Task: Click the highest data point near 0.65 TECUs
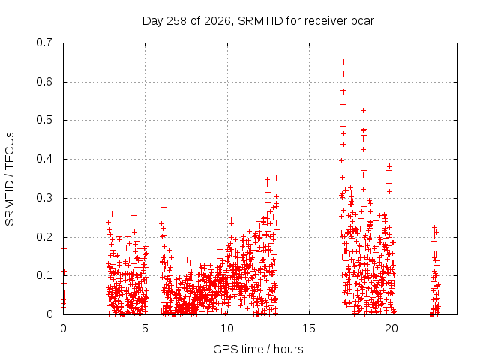pyautogui.click(x=343, y=61)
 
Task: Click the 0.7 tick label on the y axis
pyautogui.click(x=44, y=43)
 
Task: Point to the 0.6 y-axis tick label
pyautogui.click(x=44, y=82)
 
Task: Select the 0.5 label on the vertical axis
pyautogui.click(x=44, y=120)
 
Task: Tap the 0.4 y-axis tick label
pyautogui.click(x=44, y=159)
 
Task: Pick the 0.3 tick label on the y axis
pyautogui.click(x=44, y=198)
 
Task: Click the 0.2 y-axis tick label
pyautogui.click(x=44, y=237)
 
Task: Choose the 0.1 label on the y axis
pyautogui.click(x=44, y=275)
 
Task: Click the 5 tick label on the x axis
pyautogui.click(x=145, y=328)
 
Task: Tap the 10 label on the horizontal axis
pyautogui.click(x=226, y=328)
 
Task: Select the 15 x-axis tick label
pyautogui.click(x=309, y=328)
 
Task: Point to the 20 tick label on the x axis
pyautogui.click(x=391, y=328)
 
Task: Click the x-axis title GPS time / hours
pyautogui.click(x=258, y=349)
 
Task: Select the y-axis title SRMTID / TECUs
pyautogui.click(x=10, y=179)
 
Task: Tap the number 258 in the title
pyautogui.click(x=177, y=21)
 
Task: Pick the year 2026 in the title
pyautogui.click(x=217, y=21)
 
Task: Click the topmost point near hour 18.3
pyautogui.click(x=363, y=110)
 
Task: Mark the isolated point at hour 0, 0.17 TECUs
pyautogui.click(x=64, y=248)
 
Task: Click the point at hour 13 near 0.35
pyautogui.click(x=276, y=178)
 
